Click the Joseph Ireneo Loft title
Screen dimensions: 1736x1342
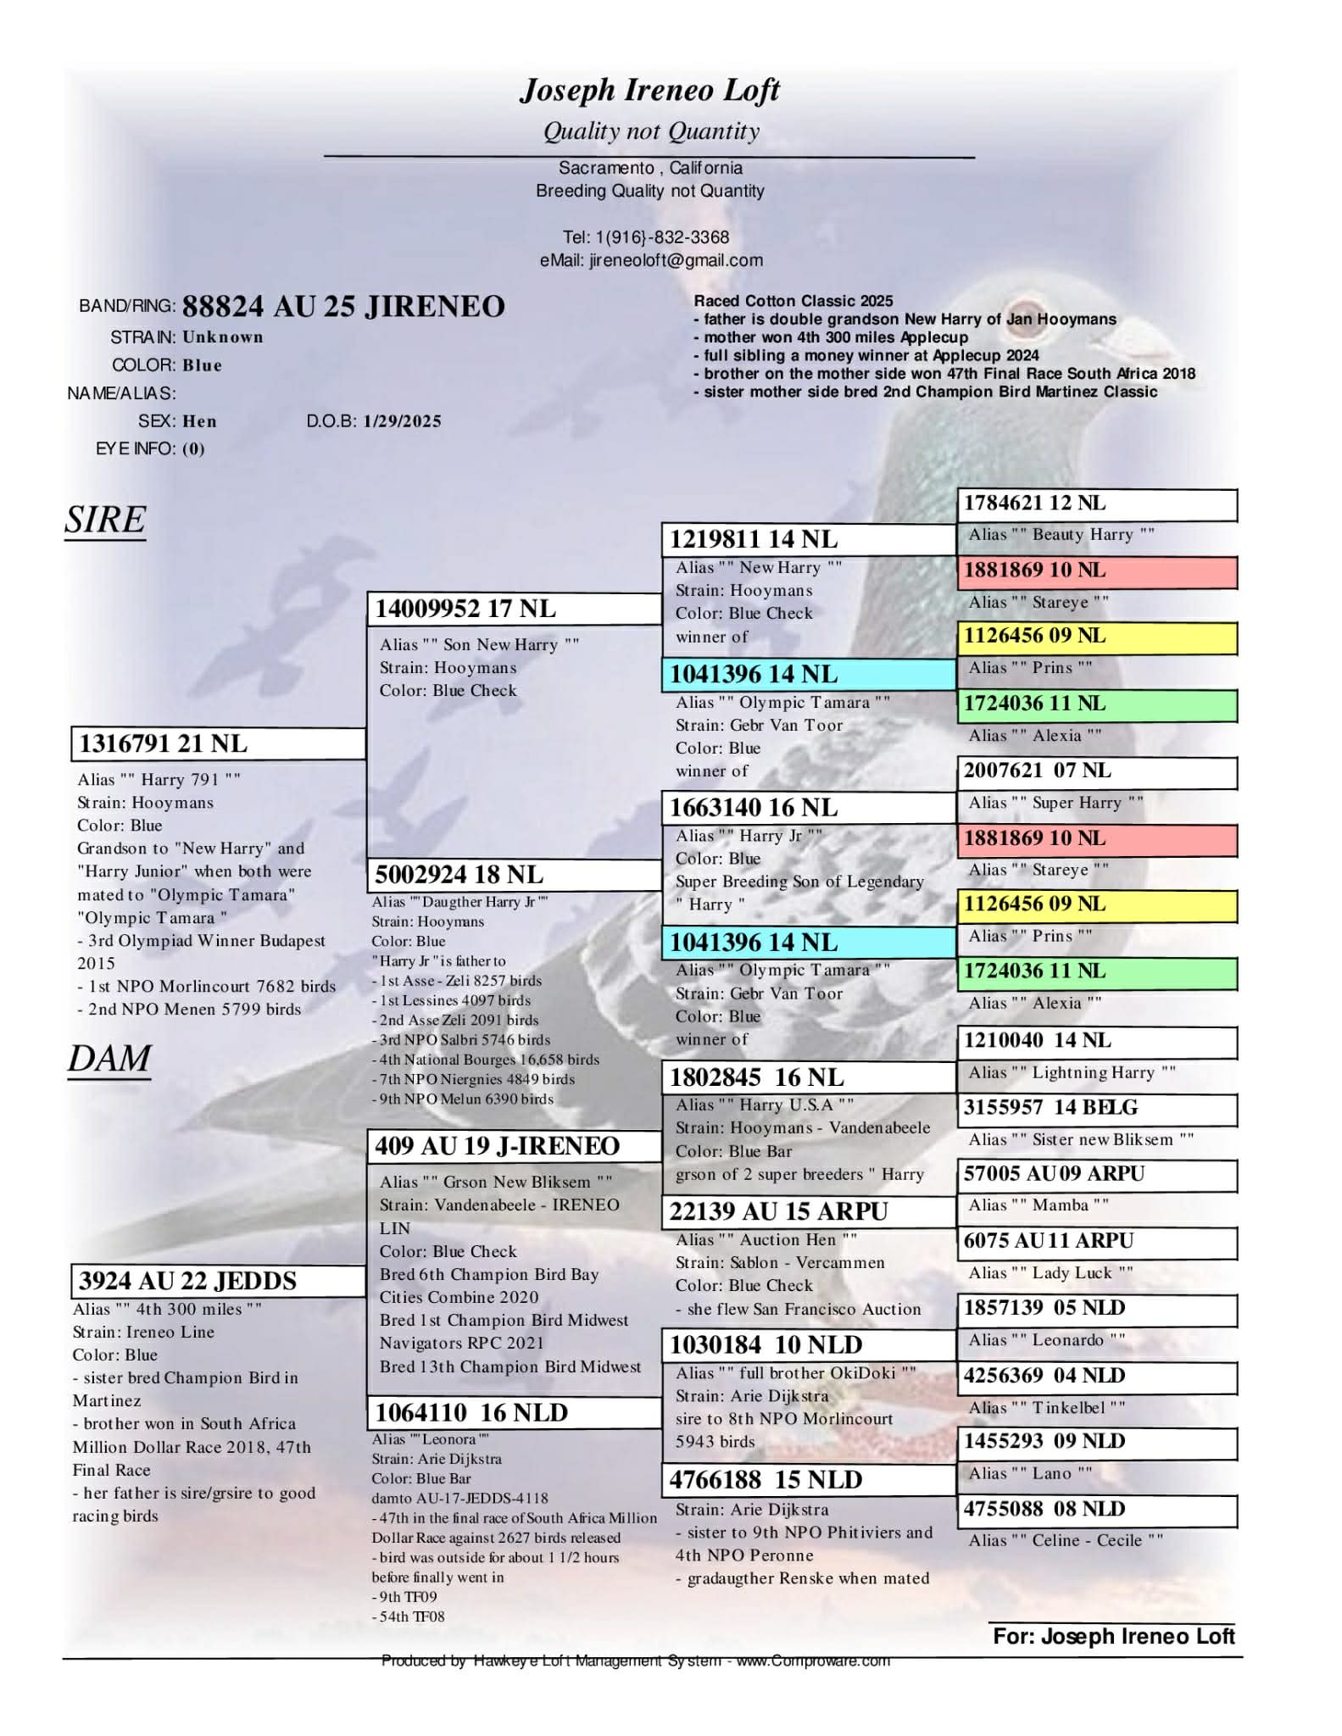point(649,90)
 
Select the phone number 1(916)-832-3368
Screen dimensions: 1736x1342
point(662,237)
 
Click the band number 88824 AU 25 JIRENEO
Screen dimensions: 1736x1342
point(343,306)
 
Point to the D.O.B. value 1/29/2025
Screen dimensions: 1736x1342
point(402,421)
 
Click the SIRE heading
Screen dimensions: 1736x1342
point(105,520)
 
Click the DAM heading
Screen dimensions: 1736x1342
point(109,1059)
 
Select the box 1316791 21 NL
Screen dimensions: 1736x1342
point(218,743)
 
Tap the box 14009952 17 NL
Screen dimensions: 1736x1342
point(513,609)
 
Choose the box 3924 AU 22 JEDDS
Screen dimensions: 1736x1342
point(218,1280)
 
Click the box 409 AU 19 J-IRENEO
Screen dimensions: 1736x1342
point(513,1146)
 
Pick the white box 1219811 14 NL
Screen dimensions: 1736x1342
point(807,539)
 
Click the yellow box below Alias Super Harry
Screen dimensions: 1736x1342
point(1096,904)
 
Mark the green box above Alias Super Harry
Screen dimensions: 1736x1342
point(1096,704)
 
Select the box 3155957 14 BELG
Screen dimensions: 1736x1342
point(1096,1108)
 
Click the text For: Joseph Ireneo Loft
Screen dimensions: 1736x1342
point(1113,1636)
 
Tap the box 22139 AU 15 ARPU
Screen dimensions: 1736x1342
point(807,1211)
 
